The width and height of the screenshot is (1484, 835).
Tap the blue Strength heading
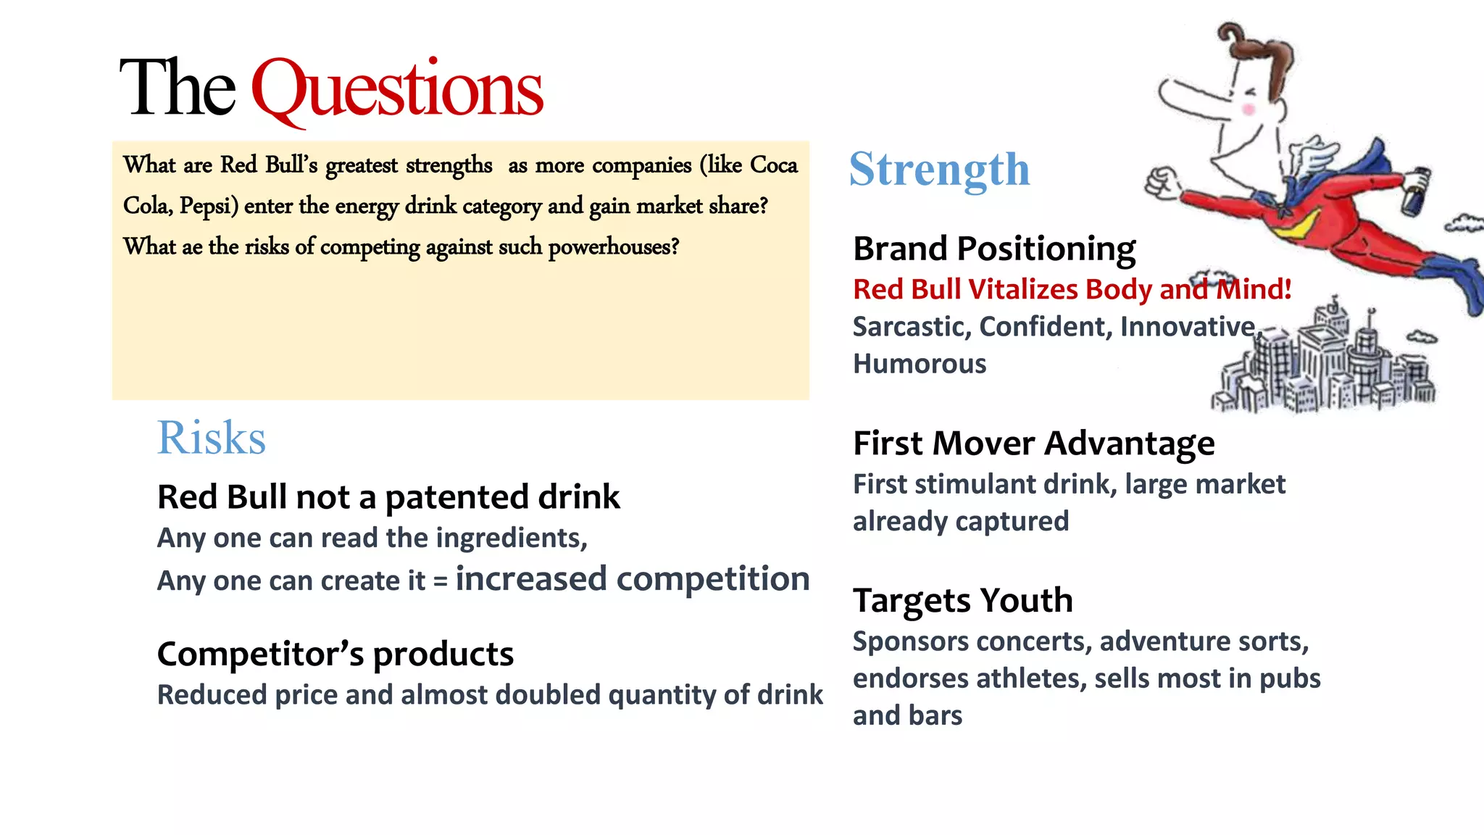click(x=939, y=170)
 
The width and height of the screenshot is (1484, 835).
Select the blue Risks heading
click(x=212, y=438)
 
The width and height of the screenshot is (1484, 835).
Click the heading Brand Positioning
click(x=994, y=249)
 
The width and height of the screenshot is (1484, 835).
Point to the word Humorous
click(x=920, y=364)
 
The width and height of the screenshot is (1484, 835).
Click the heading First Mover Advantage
click(x=1033, y=443)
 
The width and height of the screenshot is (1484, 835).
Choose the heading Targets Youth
click(x=962, y=600)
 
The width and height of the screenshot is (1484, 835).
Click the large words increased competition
click(x=632, y=578)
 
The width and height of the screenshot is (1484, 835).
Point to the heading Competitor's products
click(x=335, y=654)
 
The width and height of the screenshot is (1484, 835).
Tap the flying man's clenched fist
click(x=1162, y=181)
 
